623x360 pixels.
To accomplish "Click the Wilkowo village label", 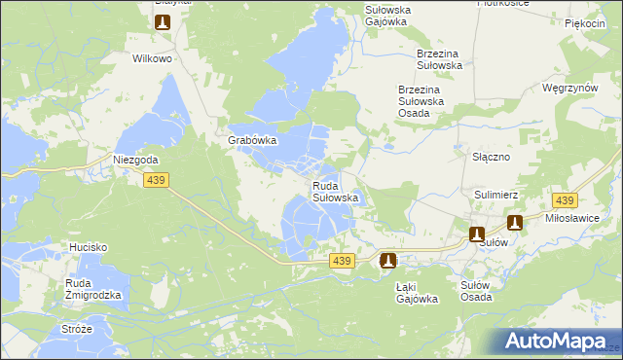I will tap(152, 58).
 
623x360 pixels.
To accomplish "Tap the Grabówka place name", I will tap(253, 140).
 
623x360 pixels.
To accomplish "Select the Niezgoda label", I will tap(135, 160).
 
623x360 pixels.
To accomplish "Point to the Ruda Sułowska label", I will tap(336, 192).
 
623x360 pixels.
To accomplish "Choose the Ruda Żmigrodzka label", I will tap(93, 288).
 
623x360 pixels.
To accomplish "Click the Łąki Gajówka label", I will tap(418, 293).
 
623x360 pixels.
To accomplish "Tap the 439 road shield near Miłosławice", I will tap(564, 200).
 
